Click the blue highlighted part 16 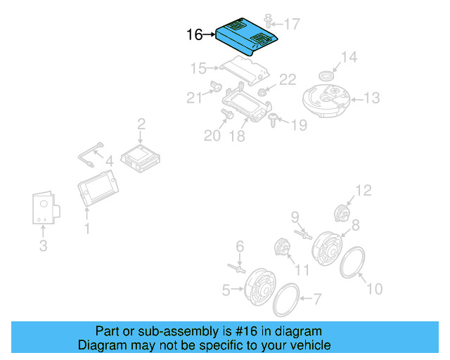(247, 37)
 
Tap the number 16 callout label (195, 34)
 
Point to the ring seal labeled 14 (326, 75)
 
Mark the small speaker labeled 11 (281, 249)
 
